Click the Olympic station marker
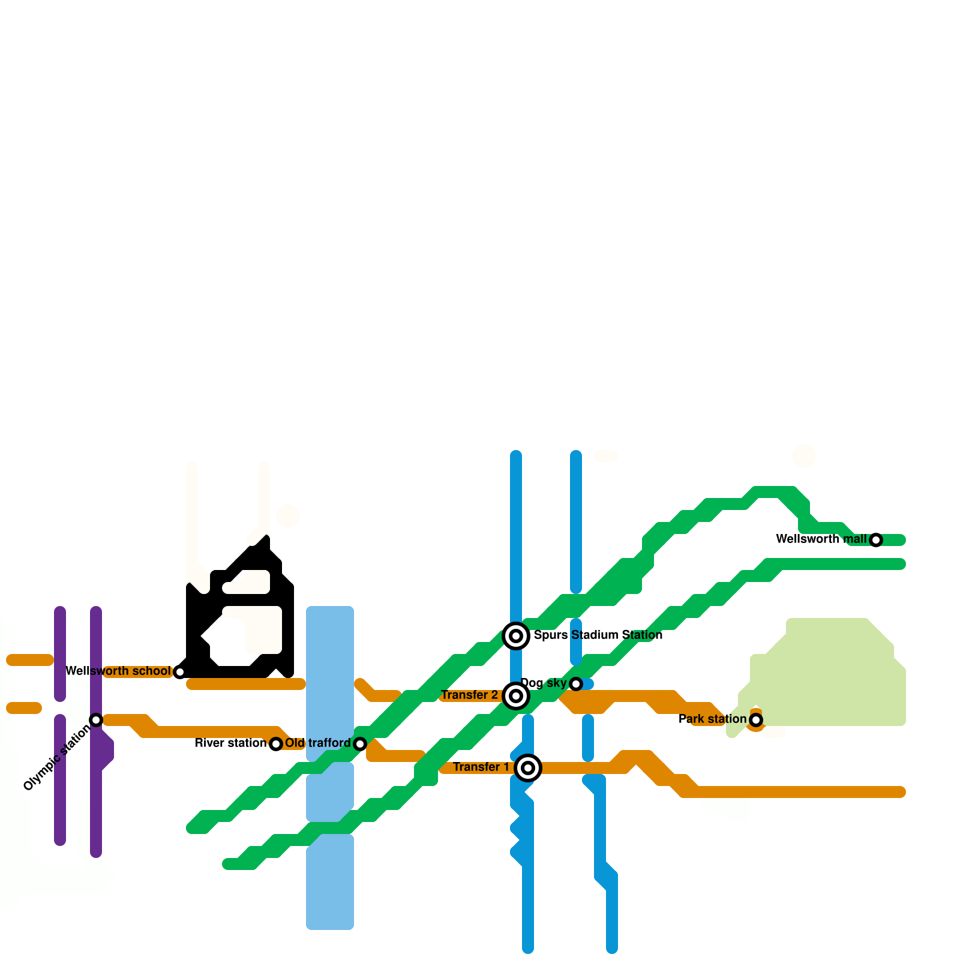[x=96, y=720]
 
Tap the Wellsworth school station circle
[x=180, y=672]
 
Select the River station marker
[x=276, y=744]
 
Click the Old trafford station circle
[x=360, y=744]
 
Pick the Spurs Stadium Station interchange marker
[x=516, y=636]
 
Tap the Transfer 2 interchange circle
[x=516, y=696]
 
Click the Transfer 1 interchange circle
[x=528, y=768]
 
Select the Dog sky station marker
[x=576, y=684]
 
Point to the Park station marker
[x=756, y=720]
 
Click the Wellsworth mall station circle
[x=876, y=540]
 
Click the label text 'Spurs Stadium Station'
[x=598, y=635]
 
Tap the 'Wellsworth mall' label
[x=821, y=539]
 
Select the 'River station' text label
[x=231, y=743]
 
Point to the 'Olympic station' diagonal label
[x=57, y=757]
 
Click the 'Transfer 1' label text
[x=481, y=767]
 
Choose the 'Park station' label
[x=713, y=719]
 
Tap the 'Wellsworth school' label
[x=118, y=671]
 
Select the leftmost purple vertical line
[x=60, y=726]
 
